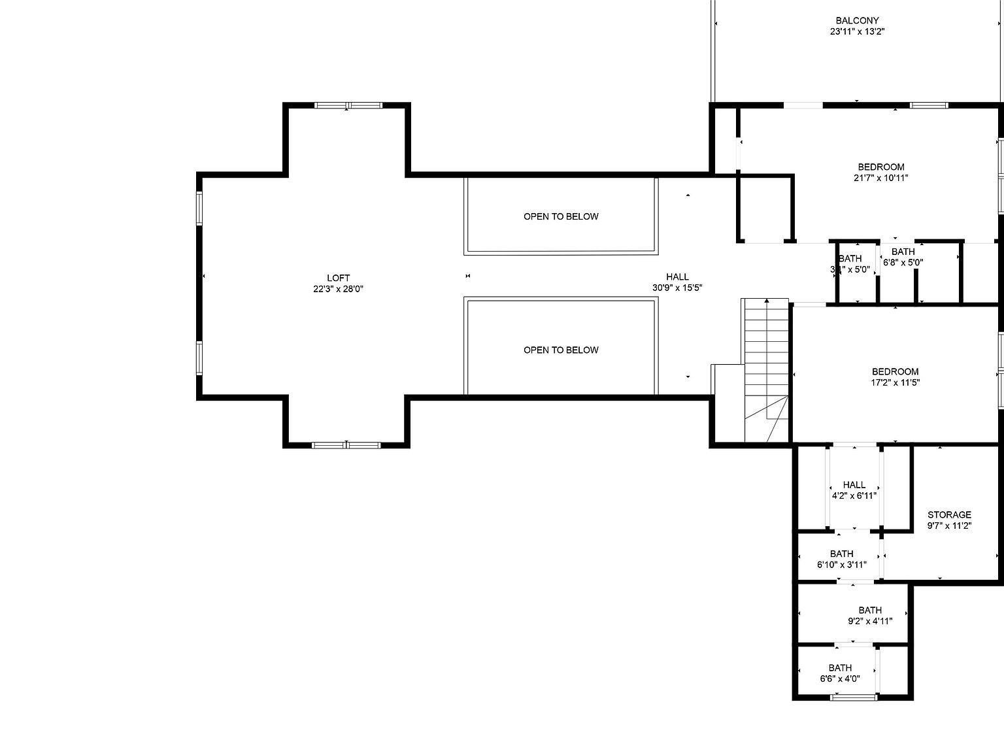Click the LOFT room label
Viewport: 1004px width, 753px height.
tap(338, 278)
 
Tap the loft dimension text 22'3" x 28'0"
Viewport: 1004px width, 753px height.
tap(338, 289)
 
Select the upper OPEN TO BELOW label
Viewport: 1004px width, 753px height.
tap(561, 216)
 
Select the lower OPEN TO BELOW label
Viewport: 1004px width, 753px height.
tap(561, 350)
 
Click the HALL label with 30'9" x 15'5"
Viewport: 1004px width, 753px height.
tap(677, 276)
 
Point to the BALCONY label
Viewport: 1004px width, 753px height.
tap(857, 20)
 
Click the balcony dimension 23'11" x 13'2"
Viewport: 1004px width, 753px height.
tap(857, 31)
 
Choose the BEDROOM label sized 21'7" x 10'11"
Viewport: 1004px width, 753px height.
tap(881, 167)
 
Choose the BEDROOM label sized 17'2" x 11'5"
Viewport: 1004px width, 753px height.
tap(895, 371)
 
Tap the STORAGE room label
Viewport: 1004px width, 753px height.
tap(949, 514)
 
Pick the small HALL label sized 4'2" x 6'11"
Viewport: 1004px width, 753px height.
tap(854, 484)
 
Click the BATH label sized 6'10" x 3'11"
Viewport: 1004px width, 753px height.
tap(841, 554)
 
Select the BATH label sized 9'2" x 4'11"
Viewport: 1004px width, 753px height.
tap(870, 610)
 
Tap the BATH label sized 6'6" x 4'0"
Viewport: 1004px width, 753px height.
tap(840, 667)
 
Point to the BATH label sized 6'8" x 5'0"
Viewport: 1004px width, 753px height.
tap(903, 252)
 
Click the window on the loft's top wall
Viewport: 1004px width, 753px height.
tap(347, 105)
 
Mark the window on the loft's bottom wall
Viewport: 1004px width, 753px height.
tap(346, 445)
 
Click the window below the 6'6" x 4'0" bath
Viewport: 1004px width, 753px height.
tap(853, 697)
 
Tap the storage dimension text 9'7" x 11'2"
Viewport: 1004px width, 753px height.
tap(949, 526)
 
